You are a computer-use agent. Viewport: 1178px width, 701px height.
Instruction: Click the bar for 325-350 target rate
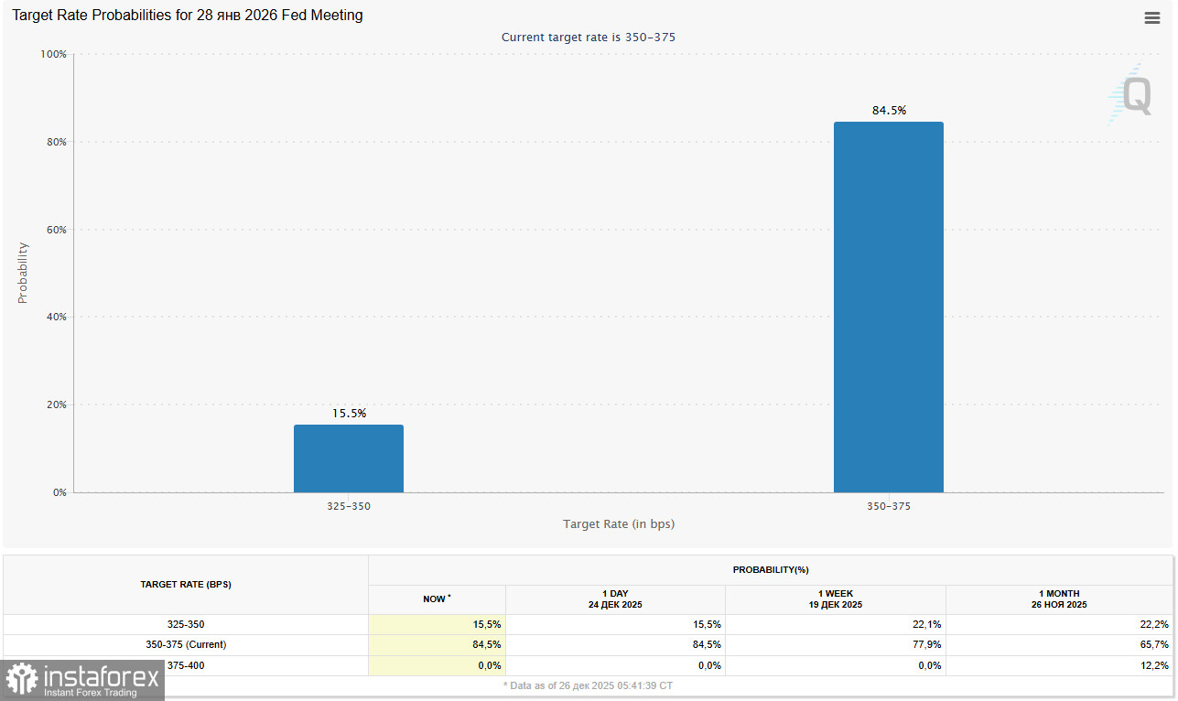point(348,458)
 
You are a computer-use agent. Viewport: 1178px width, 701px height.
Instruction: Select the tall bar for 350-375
point(888,307)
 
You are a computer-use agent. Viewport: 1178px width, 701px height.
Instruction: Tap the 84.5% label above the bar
point(889,111)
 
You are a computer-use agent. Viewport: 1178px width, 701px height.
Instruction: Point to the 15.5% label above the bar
point(349,414)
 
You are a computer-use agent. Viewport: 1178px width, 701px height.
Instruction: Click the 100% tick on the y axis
point(54,55)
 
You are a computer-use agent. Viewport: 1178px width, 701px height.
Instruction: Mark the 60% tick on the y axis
point(57,230)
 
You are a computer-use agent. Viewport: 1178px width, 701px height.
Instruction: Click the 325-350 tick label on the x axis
point(349,506)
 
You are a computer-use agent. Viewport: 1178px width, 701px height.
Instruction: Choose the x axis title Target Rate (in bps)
point(619,524)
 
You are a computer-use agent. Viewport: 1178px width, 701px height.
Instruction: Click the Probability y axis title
point(23,273)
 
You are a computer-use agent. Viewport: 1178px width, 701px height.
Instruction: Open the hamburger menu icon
point(1152,17)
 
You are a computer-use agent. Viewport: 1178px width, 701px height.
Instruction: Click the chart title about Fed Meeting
point(188,16)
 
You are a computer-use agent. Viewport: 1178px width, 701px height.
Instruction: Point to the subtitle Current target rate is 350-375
point(589,38)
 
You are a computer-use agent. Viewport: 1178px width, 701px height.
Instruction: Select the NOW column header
point(437,599)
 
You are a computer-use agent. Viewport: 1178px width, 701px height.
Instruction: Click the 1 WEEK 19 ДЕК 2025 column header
point(835,599)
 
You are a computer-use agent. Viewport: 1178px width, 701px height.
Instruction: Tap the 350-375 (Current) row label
point(186,644)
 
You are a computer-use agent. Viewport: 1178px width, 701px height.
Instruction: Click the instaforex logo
point(82,680)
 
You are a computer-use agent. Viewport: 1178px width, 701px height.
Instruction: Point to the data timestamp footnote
point(588,685)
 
